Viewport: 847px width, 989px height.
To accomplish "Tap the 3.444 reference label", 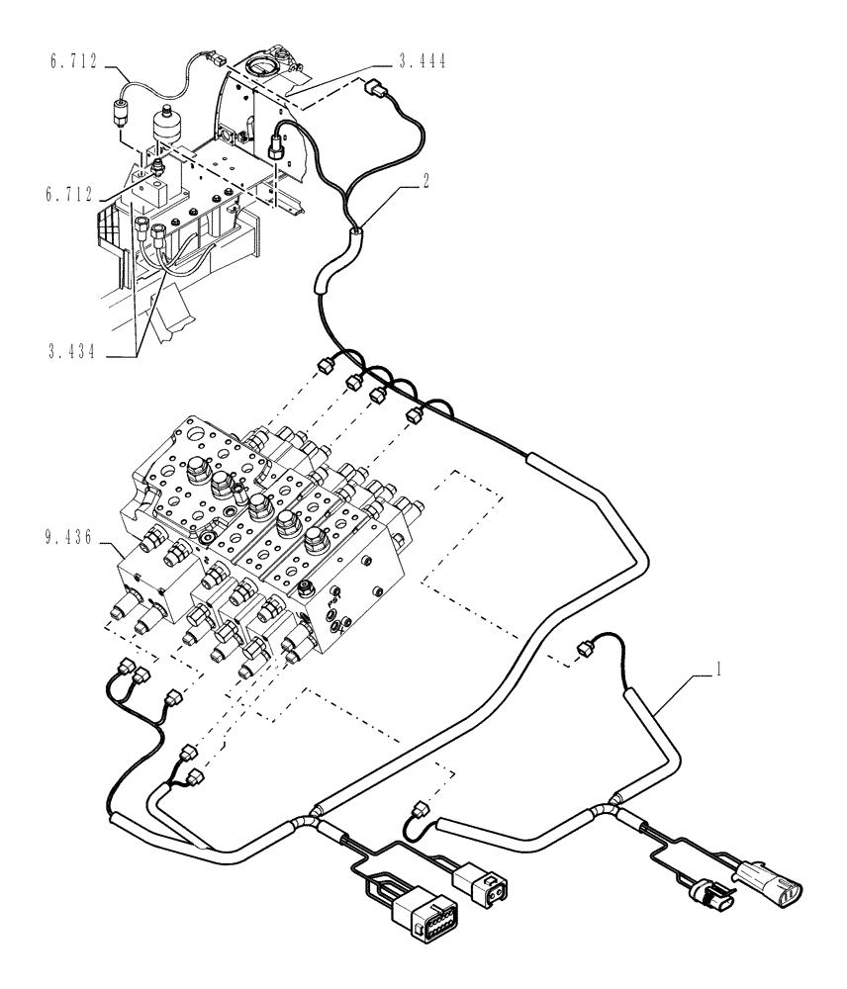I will pyautogui.click(x=420, y=61).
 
